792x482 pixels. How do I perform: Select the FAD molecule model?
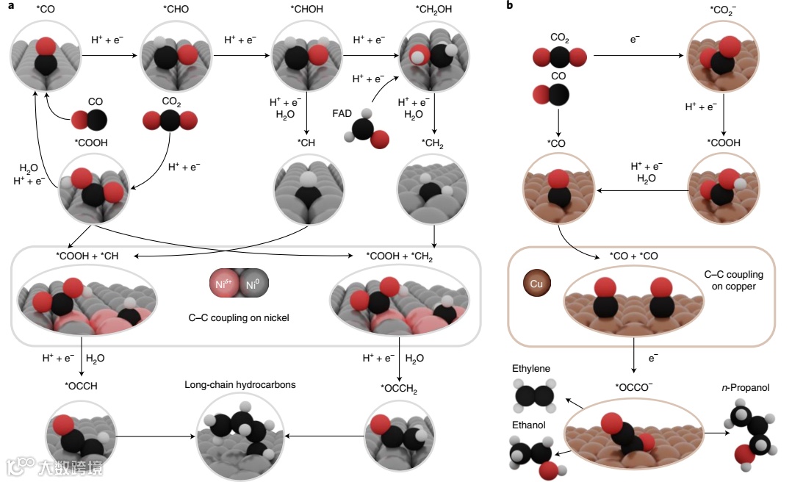point(365,131)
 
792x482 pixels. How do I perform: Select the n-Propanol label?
point(746,387)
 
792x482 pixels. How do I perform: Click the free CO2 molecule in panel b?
point(559,58)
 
